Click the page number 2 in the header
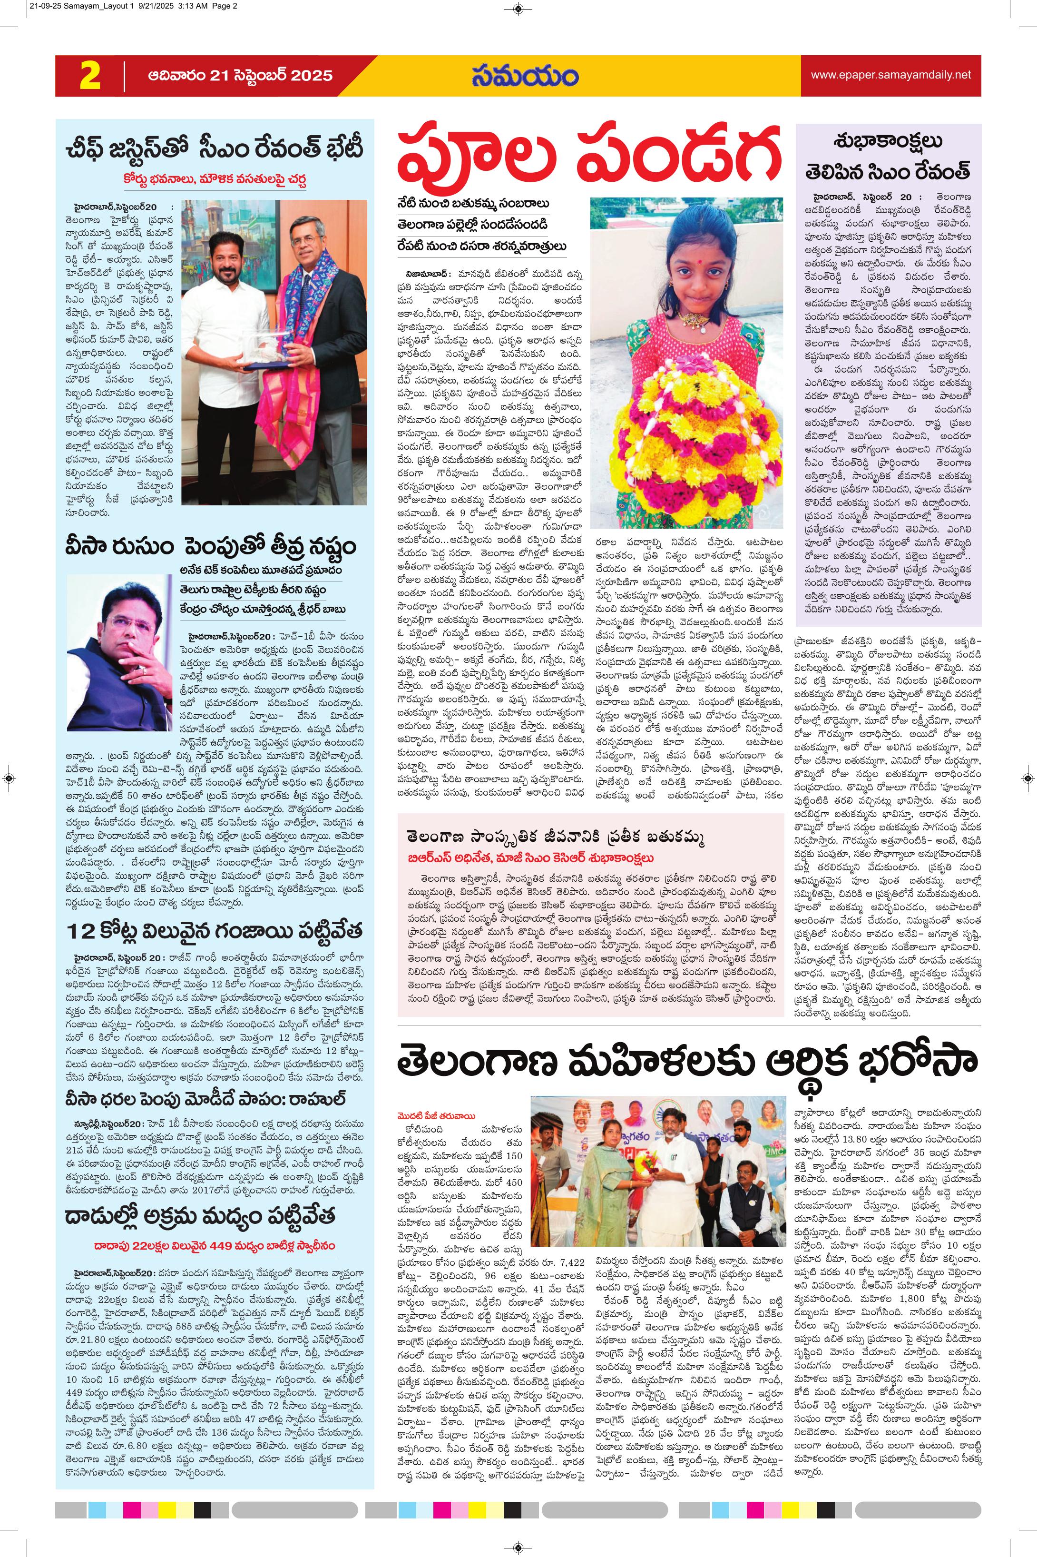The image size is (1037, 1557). pyautogui.click(x=90, y=76)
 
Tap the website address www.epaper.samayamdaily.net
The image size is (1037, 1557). pyautogui.click(x=890, y=75)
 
